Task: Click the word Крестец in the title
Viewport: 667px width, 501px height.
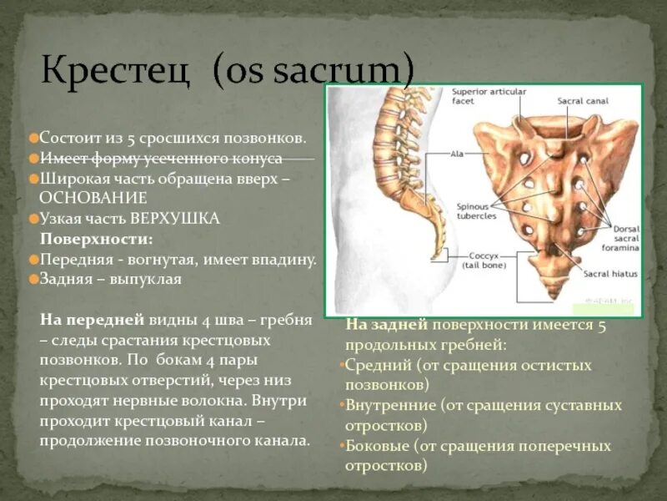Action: click(x=116, y=69)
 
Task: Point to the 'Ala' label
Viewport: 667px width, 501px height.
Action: click(x=457, y=154)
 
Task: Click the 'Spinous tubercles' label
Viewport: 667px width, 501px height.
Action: click(x=477, y=210)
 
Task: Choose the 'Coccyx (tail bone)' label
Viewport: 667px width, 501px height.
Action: click(x=481, y=261)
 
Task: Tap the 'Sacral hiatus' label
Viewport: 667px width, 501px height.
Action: click(x=610, y=273)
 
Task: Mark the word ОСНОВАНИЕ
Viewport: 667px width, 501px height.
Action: click(x=93, y=198)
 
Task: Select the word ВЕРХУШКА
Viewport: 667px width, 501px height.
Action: click(x=174, y=219)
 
